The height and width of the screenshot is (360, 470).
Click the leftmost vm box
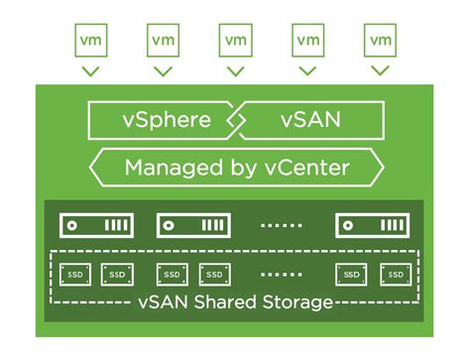90,41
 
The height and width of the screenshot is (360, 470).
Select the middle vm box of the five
235,41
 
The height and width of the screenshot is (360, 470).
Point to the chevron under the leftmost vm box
90,72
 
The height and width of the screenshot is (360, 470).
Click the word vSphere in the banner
167,121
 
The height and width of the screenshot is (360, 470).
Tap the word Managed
173,167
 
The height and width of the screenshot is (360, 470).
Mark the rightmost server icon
372,225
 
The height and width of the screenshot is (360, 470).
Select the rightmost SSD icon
394,273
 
